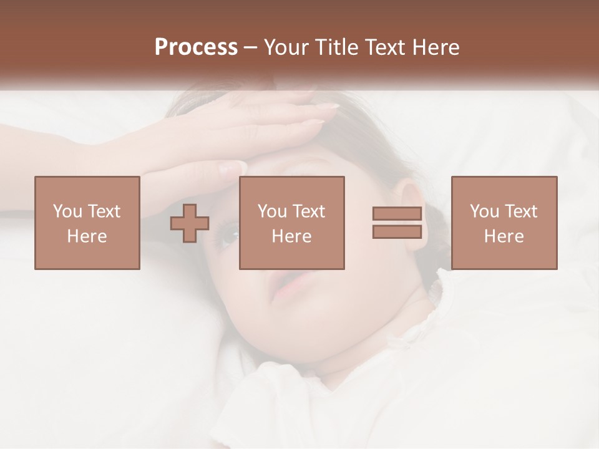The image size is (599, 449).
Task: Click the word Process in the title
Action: (x=196, y=47)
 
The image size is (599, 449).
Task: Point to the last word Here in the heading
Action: (x=435, y=47)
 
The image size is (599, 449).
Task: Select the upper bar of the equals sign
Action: (x=397, y=214)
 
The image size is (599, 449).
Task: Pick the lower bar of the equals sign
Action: (x=397, y=232)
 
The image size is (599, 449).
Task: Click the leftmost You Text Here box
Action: (x=87, y=223)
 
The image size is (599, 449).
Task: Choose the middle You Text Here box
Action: (x=292, y=223)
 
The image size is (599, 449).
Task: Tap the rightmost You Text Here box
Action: (x=504, y=223)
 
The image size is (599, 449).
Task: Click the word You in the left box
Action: (x=67, y=211)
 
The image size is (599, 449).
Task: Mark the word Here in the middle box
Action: (x=292, y=236)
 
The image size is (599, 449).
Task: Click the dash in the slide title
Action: (x=250, y=47)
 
